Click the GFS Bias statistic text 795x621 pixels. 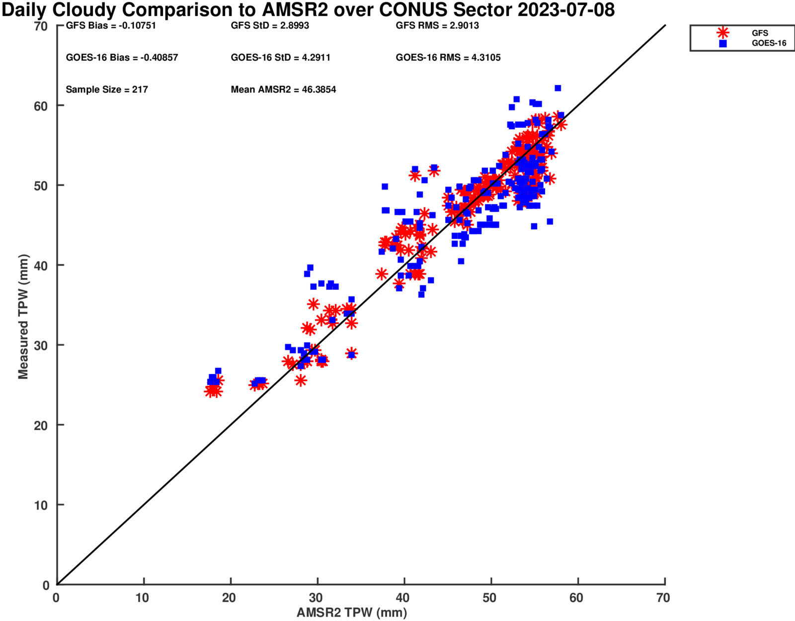point(111,26)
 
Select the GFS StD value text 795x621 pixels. point(270,26)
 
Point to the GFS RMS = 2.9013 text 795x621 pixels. point(437,26)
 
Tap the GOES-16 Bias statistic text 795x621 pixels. point(122,58)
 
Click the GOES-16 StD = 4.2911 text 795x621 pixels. point(281,58)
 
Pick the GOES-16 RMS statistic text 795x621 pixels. point(448,58)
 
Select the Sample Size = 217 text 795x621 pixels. point(107,89)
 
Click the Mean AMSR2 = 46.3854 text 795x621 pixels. point(284,89)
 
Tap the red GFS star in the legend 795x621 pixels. point(722,33)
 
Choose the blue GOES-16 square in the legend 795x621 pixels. point(723,44)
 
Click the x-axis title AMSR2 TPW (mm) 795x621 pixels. point(352,613)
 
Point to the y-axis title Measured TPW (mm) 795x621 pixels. point(23,317)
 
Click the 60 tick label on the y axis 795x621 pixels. point(41,106)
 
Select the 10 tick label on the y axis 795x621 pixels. point(41,505)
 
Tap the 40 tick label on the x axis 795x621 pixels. point(402,598)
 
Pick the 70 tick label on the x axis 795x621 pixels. point(663,598)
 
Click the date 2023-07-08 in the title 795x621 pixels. point(566,10)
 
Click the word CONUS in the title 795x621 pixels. point(413,10)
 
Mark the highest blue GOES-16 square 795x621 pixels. point(558,88)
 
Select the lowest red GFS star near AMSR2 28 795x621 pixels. point(301,380)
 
